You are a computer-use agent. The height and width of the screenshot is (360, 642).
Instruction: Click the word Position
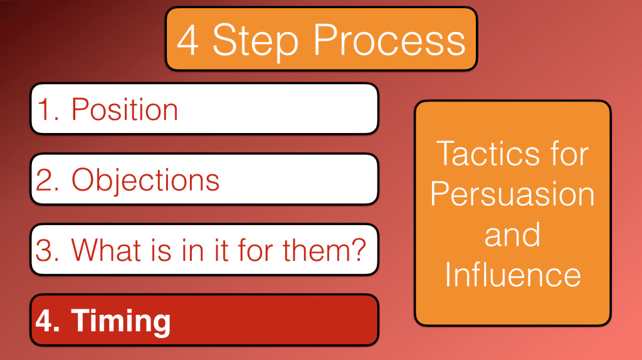(x=125, y=110)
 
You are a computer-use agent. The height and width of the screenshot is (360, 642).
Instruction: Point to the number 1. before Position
(x=49, y=110)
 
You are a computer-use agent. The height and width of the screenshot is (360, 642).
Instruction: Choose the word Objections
(x=145, y=180)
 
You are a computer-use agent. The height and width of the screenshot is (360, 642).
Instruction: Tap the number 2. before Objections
(x=50, y=180)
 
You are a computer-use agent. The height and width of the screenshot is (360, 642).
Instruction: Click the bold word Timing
(x=120, y=320)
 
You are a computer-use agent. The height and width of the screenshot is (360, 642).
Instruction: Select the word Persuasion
(x=512, y=194)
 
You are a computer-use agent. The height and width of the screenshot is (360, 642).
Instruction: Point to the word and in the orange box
(x=512, y=235)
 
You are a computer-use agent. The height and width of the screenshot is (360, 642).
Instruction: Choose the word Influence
(x=512, y=275)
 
